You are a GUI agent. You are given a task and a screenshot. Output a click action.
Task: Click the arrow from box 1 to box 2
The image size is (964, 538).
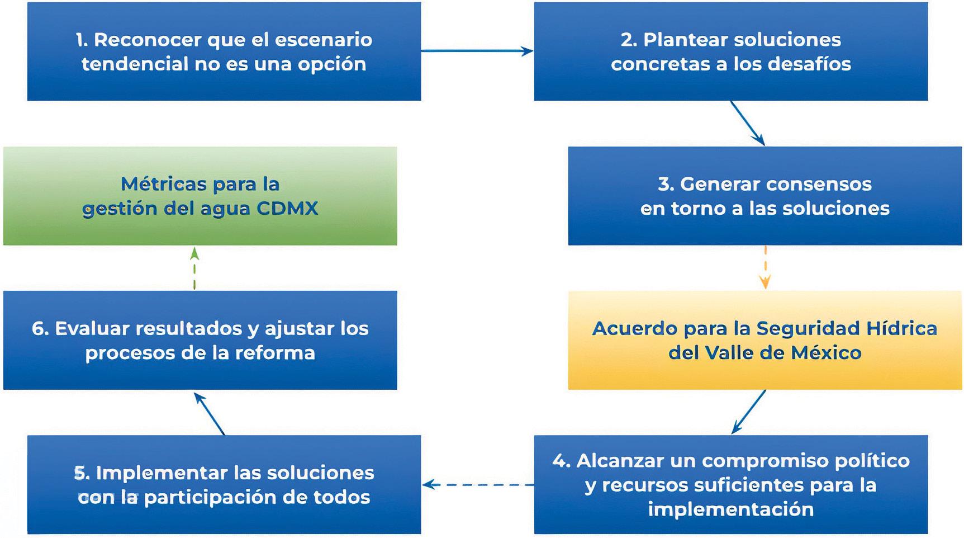[477, 51]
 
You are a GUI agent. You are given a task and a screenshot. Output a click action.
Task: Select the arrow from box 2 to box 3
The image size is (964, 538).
[747, 123]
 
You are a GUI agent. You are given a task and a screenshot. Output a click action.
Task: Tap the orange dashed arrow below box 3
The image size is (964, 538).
[765, 267]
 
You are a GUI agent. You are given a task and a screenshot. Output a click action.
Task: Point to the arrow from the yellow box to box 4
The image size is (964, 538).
[749, 412]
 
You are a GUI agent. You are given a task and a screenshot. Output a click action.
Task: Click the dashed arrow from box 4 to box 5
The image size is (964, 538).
[478, 484]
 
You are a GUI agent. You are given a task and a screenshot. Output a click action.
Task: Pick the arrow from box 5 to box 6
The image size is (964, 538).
[210, 413]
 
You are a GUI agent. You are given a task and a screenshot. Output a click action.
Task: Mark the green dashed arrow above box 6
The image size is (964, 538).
[194, 268]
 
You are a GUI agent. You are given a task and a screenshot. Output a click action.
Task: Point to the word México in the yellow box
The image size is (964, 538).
[826, 353]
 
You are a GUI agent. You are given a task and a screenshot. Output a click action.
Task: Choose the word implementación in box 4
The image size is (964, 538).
[730, 509]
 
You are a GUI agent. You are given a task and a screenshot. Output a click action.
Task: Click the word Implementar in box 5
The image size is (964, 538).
[162, 473]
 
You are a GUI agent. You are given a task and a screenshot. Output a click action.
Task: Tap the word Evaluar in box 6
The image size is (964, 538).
[92, 328]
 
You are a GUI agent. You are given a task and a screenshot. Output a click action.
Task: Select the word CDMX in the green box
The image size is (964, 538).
[287, 209]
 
